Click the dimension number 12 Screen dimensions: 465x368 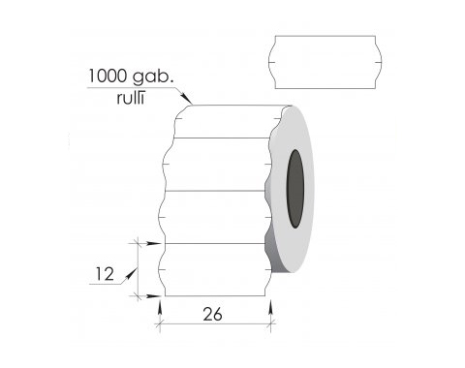point(105,274)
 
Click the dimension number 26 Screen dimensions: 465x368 point(213,314)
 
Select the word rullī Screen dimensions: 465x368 point(130,99)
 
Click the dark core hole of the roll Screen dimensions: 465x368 point(295,189)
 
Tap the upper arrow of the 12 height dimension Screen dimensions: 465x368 point(152,243)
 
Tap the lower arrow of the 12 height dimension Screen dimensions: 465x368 point(152,295)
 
